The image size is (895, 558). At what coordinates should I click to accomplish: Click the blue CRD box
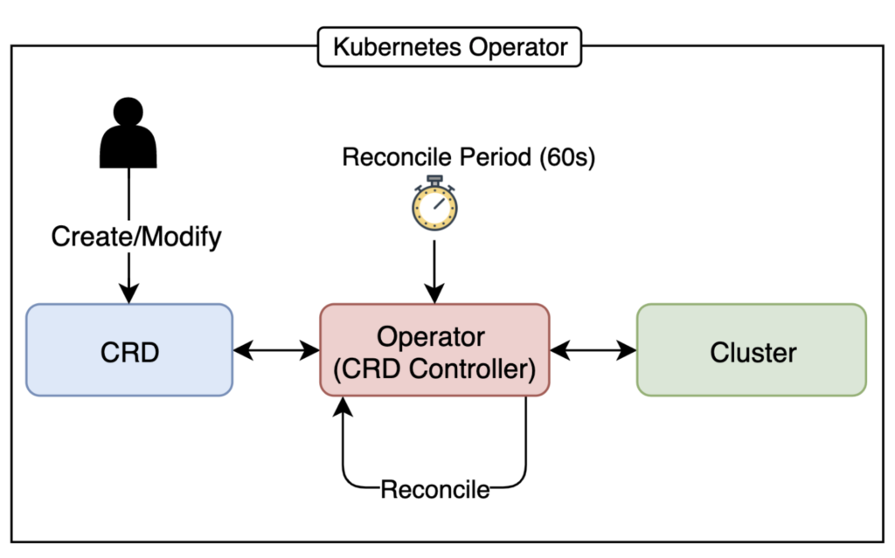tap(129, 350)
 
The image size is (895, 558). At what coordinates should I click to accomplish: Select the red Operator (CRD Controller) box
tap(434, 350)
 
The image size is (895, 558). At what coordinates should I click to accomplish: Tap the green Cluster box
tap(752, 350)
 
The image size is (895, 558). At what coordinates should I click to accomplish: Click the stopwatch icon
tap(434, 203)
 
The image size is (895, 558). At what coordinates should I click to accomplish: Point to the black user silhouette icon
tap(129, 137)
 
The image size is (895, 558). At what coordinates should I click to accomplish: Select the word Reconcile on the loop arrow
tap(434, 488)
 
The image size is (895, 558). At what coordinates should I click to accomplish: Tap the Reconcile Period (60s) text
tap(468, 158)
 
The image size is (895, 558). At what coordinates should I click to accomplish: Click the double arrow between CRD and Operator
tap(277, 350)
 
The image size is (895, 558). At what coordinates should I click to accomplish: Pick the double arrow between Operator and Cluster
tap(593, 350)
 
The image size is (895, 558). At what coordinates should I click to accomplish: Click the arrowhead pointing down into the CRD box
tap(129, 295)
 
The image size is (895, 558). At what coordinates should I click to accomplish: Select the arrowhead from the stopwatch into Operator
tap(434, 295)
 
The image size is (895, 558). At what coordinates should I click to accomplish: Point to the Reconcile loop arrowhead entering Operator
tap(344, 405)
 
